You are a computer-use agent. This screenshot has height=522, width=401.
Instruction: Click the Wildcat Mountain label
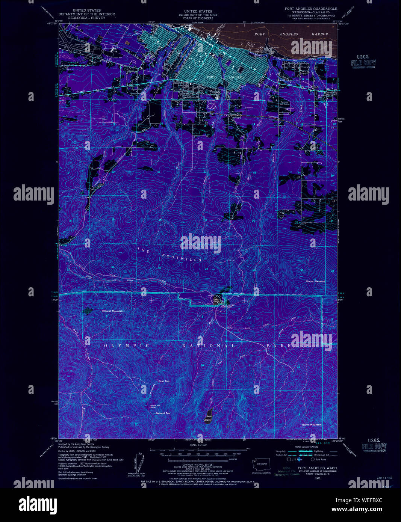pyautogui.click(x=112, y=311)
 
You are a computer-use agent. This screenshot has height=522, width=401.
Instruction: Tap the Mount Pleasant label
pyautogui.click(x=315, y=281)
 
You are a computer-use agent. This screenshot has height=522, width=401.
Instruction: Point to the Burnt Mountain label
pyautogui.click(x=312, y=425)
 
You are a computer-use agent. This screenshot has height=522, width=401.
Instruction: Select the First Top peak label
pyautogui.click(x=164, y=381)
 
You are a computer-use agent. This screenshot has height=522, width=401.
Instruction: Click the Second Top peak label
pyautogui.click(x=163, y=413)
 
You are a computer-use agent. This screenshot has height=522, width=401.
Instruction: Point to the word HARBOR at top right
pyautogui.click(x=319, y=34)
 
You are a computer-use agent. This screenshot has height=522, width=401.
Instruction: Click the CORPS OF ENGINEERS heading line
pyautogui.click(x=198, y=18)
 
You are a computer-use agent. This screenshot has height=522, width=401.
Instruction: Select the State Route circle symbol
pyautogui.click(x=313, y=459)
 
